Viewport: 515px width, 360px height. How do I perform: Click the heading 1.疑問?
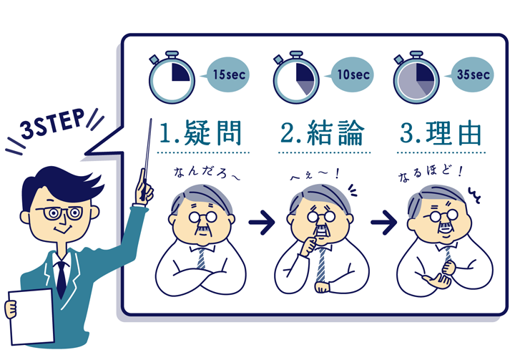pos(201,133)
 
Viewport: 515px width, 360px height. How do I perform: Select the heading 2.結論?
pos(323,133)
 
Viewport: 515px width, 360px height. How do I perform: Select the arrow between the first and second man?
pos(261,223)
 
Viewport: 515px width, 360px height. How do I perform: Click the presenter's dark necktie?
pos(62,276)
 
